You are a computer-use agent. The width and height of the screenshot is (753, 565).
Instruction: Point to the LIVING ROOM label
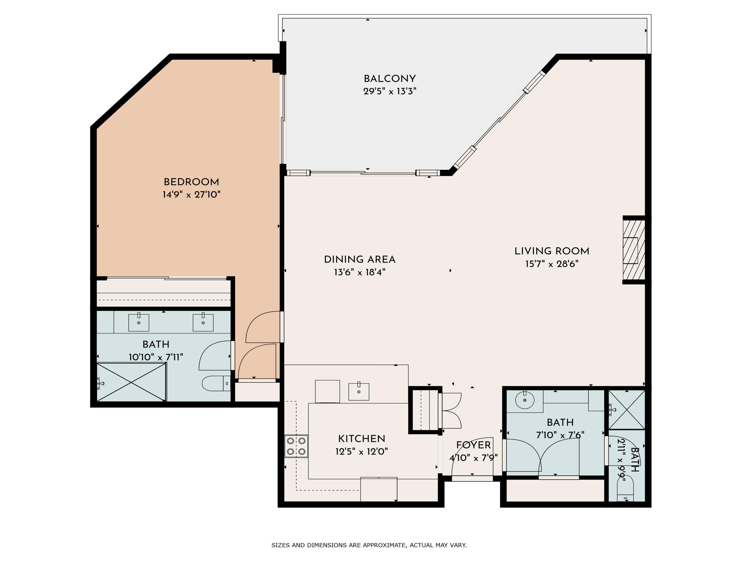(552, 251)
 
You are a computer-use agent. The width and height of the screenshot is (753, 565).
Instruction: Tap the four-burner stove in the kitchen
(296, 446)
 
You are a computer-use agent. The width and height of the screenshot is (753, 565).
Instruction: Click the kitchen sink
(359, 392)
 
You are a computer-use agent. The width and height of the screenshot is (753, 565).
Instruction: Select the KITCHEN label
(361, 439)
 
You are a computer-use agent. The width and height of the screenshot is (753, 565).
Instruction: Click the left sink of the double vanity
(139, 322)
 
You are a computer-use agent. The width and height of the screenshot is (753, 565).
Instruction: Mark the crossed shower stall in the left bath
(131, 382)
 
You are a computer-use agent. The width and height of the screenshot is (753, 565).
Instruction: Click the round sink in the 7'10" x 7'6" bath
(525, 400)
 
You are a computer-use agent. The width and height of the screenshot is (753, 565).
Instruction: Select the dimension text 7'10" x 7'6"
(560, 435)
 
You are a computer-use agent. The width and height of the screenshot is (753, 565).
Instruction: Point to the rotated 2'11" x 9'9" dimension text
(621, 460)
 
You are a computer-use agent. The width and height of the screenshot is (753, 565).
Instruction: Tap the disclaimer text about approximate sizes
(369, 545)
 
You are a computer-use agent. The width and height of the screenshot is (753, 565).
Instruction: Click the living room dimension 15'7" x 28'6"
(552, 264)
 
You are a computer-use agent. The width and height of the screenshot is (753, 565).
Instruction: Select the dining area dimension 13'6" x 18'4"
(359, 272)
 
